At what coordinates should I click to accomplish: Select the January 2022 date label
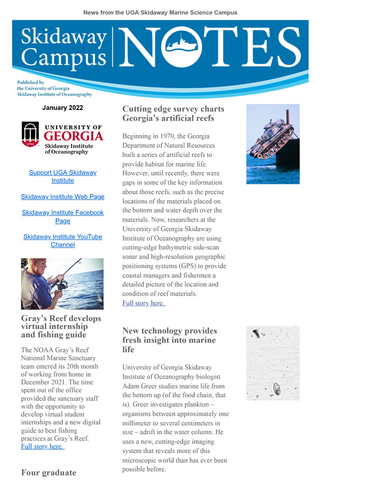pyautogui.click(x=63, y=108)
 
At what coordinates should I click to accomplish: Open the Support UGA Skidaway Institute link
pyautogui.click(x=63, y=176)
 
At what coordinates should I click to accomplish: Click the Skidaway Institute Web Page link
pyautogui.click(x=63, y=196)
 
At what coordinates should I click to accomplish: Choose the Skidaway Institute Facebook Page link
pyautogui.click(x=63, y=217)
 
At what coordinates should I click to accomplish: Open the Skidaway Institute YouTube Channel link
pyautogui.click(x=63, y=241)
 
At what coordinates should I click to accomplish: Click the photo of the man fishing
pyautogui.click(x=62, y=284)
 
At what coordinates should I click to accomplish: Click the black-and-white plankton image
pyautogui.click(x=272, y=364)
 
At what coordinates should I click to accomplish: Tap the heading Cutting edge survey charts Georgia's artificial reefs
pyautogui.click(x=173, y=113)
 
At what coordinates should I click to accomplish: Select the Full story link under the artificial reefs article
pyautogui.click(x=144, y=303)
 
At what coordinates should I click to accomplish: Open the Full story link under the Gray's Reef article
pyautogui.click(x=42, y=446)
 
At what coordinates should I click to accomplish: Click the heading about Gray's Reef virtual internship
pyautogui.click(x=54, y=327)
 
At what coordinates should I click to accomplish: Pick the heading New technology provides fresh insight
pyautogui.click(x=170, y=340)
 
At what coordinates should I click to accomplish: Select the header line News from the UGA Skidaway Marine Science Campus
pyautogui.click(x=160, y=13)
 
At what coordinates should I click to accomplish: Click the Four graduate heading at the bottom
pyautogui.click(x=49, y=472)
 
